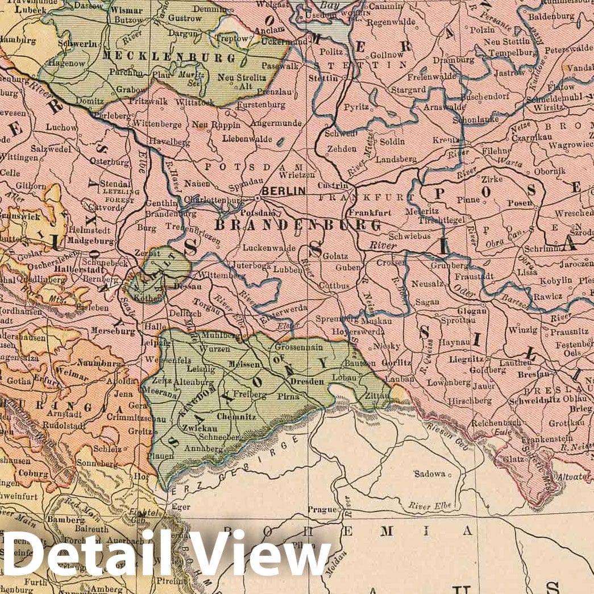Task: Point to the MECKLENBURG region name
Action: (169, 58)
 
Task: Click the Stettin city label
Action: (323, 78)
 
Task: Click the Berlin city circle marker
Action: (257, 198)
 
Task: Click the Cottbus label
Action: (334, 286)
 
